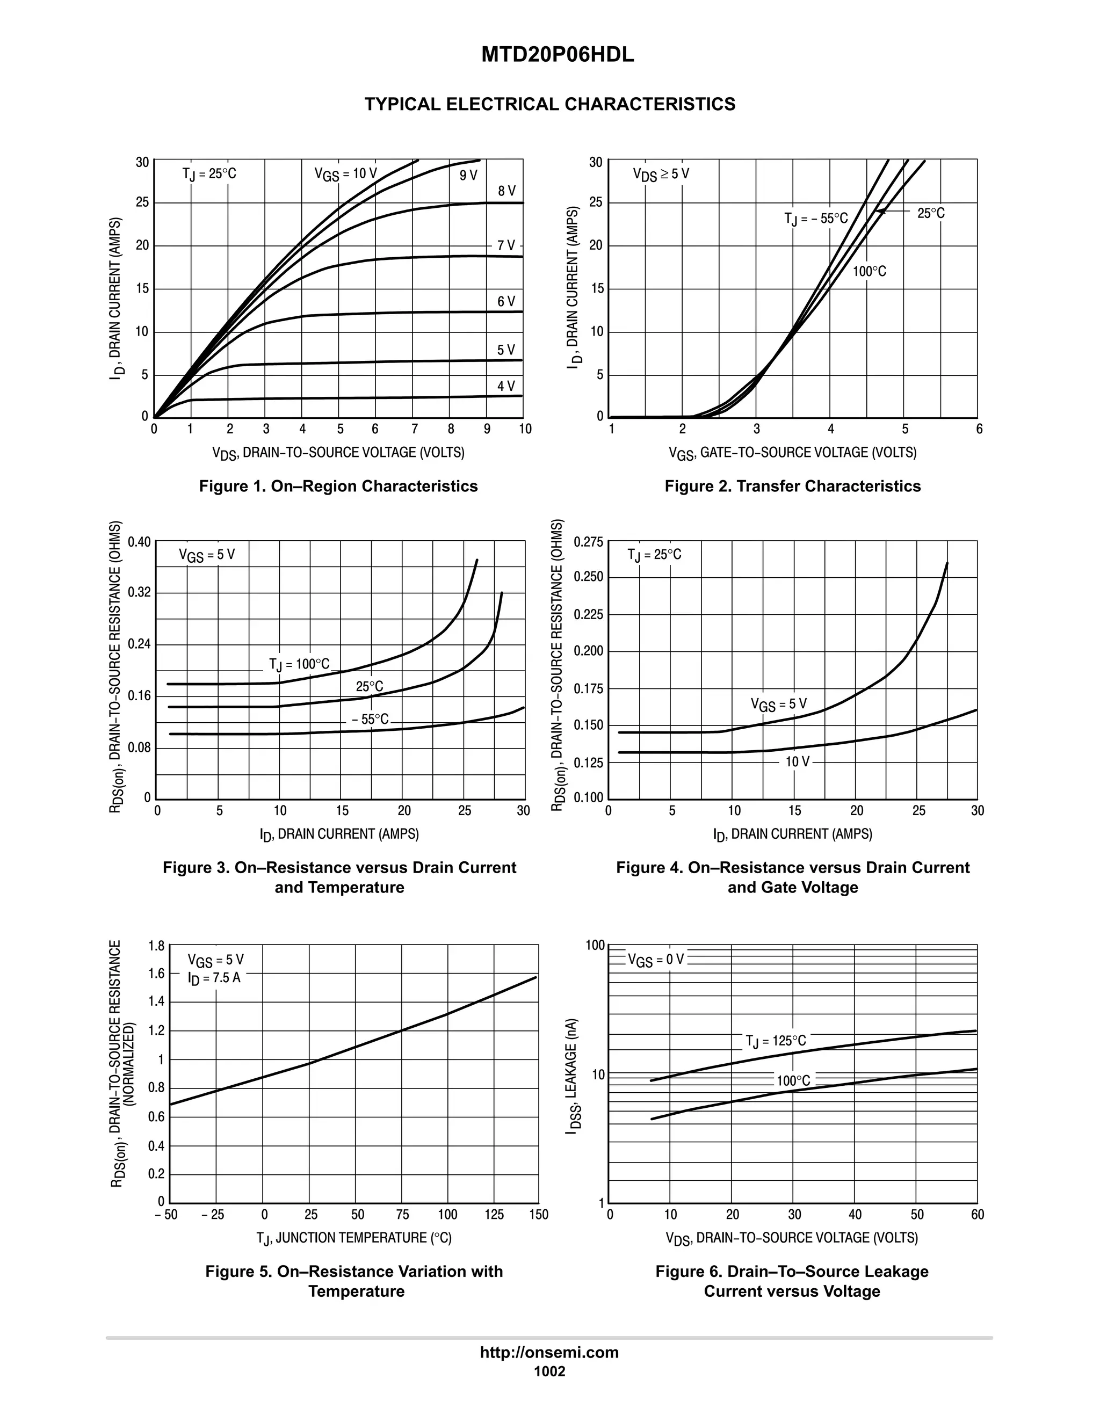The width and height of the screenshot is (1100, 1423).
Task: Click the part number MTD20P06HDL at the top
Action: click(x=557, y=55)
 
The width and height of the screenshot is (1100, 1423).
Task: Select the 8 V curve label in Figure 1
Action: click(x=506, y=191)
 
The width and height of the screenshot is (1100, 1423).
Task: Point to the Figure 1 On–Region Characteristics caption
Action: click(x=338, y=486)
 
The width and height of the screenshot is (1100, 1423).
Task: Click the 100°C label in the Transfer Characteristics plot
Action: click(x=870, y=272)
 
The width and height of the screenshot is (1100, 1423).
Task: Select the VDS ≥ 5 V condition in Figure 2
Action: click(x=661, y=175)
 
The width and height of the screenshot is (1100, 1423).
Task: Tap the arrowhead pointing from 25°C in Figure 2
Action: click(x=880, y=211)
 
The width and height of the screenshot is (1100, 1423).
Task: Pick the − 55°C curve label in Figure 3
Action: click(x=370, y=720)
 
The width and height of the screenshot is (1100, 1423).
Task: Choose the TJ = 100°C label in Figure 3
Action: click(x=300, y=665)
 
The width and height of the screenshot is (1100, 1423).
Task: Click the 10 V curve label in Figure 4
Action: click(x=797, y=761)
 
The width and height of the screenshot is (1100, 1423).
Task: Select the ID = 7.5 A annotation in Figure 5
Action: click(x=214, y=978)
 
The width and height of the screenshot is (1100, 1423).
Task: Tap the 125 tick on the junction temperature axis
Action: click(x=494, y=1215)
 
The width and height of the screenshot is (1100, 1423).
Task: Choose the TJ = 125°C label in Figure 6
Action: click(x=776, y=1041)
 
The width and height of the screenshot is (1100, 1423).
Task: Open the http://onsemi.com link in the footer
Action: click(x=549, y=1353)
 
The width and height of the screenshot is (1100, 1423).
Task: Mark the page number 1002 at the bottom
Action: click(x=549, y=1371)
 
